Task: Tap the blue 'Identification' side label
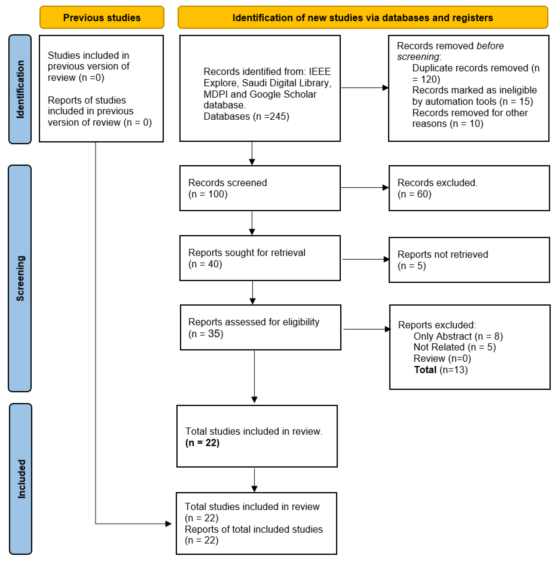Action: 20,89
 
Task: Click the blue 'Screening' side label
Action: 20,278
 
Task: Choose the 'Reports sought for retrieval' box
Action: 260,258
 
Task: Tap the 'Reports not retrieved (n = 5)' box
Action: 469,260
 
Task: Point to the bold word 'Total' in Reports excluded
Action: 425,370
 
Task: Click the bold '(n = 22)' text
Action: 203,442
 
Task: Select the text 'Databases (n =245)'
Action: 246,116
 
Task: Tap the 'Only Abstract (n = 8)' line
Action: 458,336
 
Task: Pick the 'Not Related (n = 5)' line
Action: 455,347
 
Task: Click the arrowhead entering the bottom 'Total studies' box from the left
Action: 169,524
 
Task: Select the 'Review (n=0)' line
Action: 442,358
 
